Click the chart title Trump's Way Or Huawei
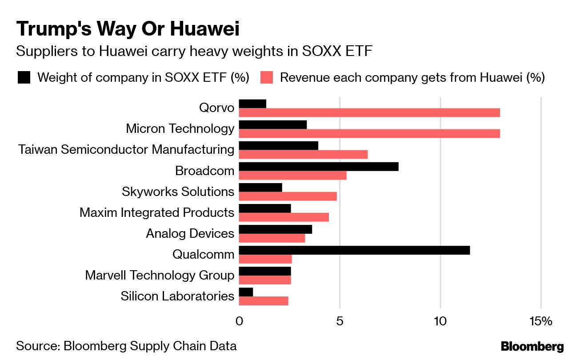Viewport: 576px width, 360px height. click(x=128, y=29)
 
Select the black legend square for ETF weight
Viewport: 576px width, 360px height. click(x=24, y=78)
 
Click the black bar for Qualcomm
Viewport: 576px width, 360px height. click(x=354, y=250)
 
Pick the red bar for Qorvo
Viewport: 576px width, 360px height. click(x=369, y=112)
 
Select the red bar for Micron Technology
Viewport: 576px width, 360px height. click(x=369, y=133)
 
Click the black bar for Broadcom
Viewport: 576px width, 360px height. click(x=319, y=167)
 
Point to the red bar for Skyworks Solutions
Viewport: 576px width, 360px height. click(x=288, y=196)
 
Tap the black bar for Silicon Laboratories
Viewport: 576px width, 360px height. click(x=246, y=292)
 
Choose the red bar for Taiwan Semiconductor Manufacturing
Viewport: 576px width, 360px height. click(x=303, y=154)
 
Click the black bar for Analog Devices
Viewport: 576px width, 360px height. click(x=276, y=229)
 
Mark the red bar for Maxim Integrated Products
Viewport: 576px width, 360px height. click(x=284, y=217)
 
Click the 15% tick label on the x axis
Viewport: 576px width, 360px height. click(x=540, y=321)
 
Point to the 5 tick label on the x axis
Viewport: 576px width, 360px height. click(x=340, y=321)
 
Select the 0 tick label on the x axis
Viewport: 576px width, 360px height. click(x=239, y=321)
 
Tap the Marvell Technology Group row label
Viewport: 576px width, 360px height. click(x=160, y=275)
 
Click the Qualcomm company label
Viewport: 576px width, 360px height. click(x=203, y=255)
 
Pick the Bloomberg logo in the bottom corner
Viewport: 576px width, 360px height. click(x=532, y=347)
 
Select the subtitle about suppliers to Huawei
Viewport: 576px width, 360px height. click(x=194, y=52)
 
